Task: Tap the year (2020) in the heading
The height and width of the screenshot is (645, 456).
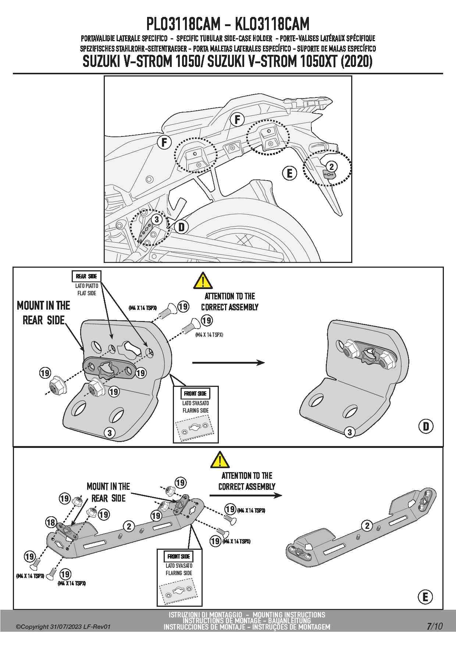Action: (357, 61)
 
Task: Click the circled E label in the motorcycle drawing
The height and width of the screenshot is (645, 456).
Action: (289, 173)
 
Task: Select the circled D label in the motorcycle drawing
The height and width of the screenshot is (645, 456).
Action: (181, 227)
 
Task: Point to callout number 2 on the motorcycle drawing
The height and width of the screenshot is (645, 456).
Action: (331, 167)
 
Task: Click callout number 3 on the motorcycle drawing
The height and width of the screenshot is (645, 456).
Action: (157, 220)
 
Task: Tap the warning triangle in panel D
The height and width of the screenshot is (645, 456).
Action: (203, 281)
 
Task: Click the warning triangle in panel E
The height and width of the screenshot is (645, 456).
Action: (220, 460)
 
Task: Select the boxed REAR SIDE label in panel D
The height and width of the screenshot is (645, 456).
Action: (87, 277)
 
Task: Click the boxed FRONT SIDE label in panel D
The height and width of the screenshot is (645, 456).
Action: (196, 393)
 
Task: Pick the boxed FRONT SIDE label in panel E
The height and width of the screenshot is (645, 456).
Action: (179, 557)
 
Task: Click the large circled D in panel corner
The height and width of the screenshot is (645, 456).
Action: (426, 426)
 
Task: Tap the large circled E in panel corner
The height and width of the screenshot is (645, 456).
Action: (426, 596)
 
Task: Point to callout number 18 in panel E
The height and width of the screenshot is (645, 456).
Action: (51, 523)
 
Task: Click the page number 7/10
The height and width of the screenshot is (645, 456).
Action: (435, 626)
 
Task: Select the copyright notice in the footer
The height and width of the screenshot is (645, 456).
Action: (63, 627)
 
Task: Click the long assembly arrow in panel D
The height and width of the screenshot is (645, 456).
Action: (228, 363)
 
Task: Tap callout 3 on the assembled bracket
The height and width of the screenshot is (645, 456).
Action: (350, 432)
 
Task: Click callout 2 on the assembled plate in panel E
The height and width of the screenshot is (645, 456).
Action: (367, 525)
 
